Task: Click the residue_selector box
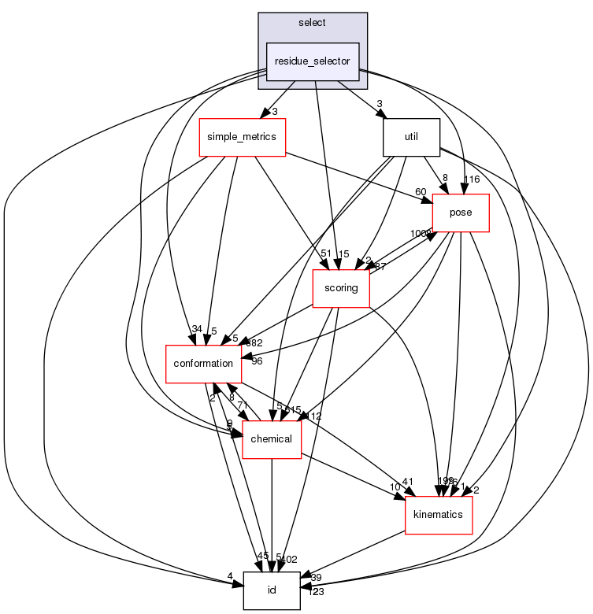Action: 313,61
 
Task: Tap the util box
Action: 410,136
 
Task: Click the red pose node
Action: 461,213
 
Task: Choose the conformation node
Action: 202,364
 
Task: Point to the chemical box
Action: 272,438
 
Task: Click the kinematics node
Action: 439,515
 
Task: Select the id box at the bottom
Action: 272,590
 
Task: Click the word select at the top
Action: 313,22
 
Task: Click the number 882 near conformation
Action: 254,342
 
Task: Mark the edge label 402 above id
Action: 289,560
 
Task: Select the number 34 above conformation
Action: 196,328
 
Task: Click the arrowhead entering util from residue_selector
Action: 386,117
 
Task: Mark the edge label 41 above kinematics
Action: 408,481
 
